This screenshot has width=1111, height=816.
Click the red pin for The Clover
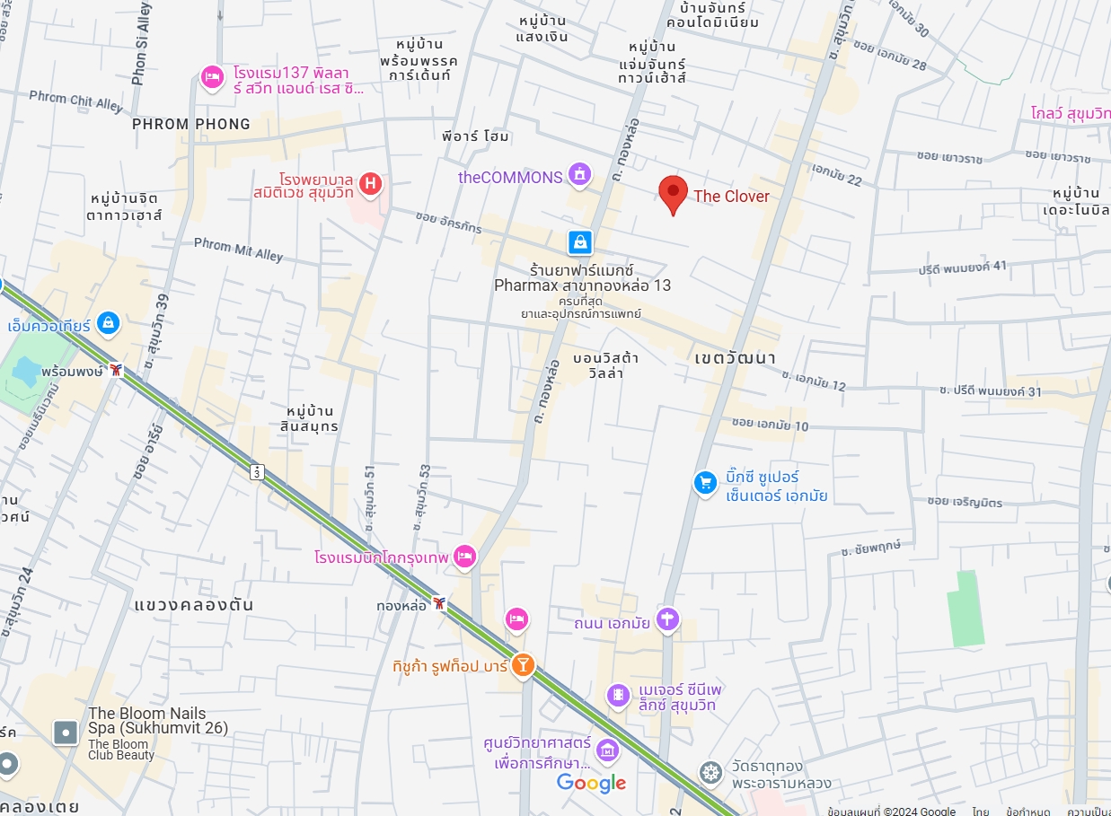pyautogui.click(x=674, y=192)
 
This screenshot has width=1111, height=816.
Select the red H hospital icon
pyautogui.click(x=370, y=184)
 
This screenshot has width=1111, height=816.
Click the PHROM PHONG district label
pyautogui.click(x=191, y=124)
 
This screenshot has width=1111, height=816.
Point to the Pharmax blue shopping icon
pyautogui.click(x=580, y=241)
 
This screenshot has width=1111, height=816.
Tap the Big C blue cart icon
pyautogui.click(x=705, y=483)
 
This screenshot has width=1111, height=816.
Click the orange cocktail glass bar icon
pyautogui.click(x=522, y=665)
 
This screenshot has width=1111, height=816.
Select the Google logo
pyautogui.click(x=591, y=783)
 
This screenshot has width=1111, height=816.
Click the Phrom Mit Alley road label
pyautogui.click(x=238, y=250)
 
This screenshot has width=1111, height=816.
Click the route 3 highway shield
pyautogui.click(x=258, y=471)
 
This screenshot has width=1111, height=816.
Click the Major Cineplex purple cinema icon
pyautogui.click(x=618, y=695)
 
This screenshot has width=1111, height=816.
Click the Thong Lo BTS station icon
pyautogui.click(x=438, y=603)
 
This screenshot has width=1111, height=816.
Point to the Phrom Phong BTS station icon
pyautogui.click(x=116, y=370)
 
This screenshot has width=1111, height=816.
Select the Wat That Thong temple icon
pyautogui.click(x=711, y=772)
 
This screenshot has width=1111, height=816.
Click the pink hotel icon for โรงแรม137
pyautogui.click(x=212, y=77)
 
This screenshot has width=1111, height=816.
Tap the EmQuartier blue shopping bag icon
pyautogui.click(x=108, y=321)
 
